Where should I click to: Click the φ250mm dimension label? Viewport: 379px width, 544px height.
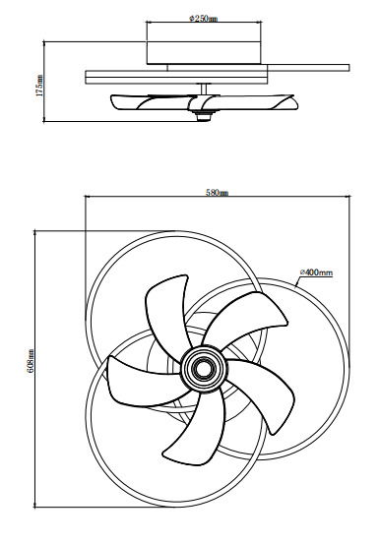[x=205, y=18]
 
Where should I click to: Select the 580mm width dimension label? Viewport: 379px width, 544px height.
[x=217, y=192]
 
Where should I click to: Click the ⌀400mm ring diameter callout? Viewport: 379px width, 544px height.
[x=316, y=272]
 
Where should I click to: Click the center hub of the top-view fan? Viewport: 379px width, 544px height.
[x=204, y=370]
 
